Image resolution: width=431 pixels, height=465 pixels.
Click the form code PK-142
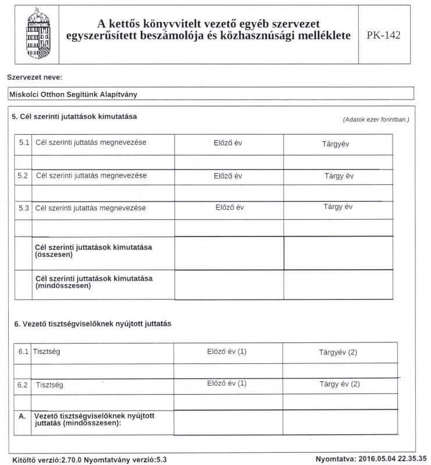point(384,35)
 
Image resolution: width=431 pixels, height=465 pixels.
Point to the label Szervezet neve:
point(34,77)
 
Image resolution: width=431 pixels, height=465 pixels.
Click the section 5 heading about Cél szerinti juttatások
point(74,116)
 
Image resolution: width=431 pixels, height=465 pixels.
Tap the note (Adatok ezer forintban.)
point(376,119)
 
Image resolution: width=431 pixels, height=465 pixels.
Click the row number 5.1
point(24,143)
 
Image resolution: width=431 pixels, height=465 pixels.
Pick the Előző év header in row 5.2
point(228,176)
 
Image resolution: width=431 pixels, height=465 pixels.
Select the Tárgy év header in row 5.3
point(338,206)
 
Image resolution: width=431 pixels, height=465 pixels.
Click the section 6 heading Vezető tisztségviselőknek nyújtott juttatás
point(91,323)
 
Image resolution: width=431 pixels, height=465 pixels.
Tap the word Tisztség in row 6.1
point(47,352)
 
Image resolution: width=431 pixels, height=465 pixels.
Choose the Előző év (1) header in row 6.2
point(227,384)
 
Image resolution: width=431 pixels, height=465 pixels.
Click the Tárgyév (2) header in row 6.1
point(338,352)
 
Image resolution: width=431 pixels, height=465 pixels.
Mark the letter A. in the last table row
point(23,416)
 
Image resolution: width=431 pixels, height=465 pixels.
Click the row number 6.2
point(23,384)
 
